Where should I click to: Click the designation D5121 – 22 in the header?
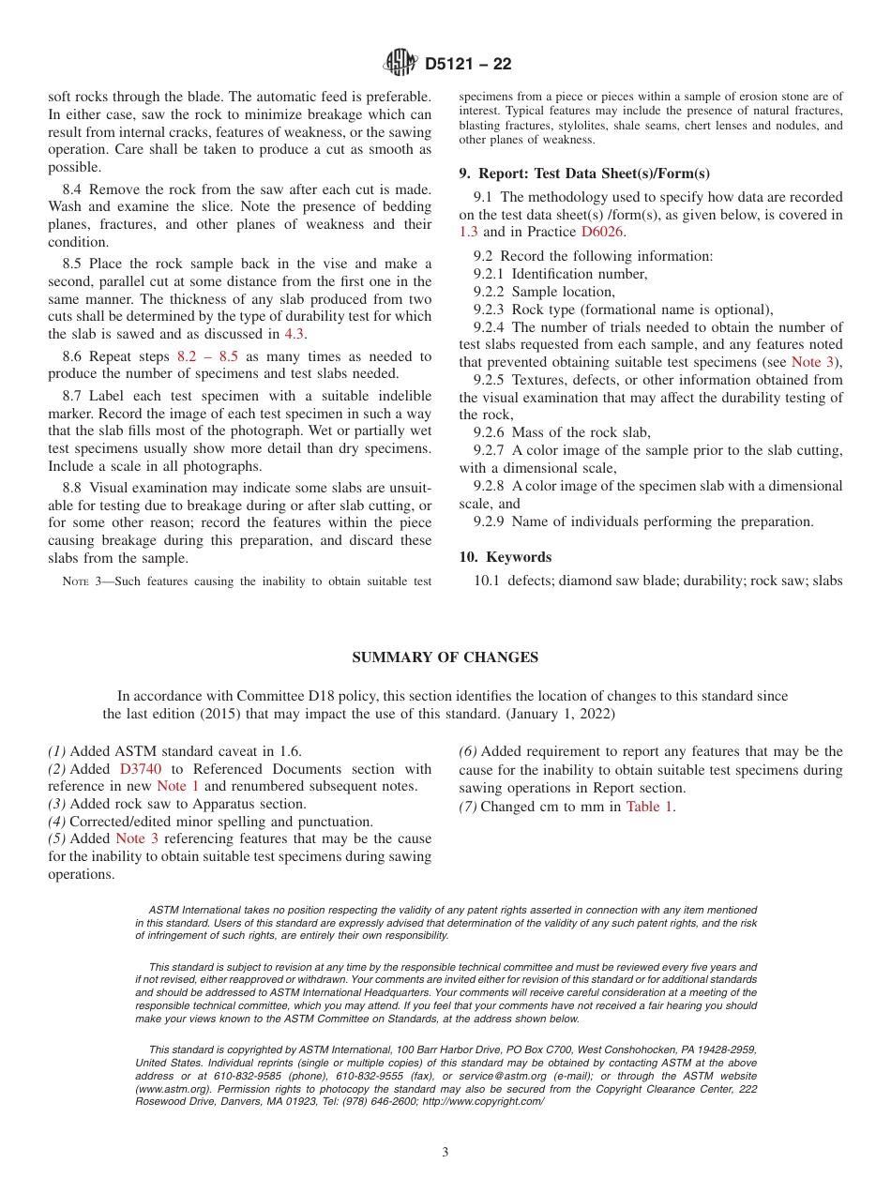coord(468,65)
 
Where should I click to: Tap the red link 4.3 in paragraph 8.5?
coord(294,334)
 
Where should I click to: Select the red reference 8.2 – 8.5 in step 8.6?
coord(207,356)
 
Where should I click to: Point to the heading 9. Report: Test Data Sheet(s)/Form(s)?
coord(584,174)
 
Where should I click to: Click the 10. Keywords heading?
coord(506,557)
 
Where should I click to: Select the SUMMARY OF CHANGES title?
coord(445,657)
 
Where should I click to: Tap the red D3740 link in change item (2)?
coord(141,769)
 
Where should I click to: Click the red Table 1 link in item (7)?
coord(648,806)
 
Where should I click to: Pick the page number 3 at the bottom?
coord(445,1152)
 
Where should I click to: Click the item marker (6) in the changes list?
coord(468,751)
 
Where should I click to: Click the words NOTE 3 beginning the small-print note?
coord(87,581)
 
